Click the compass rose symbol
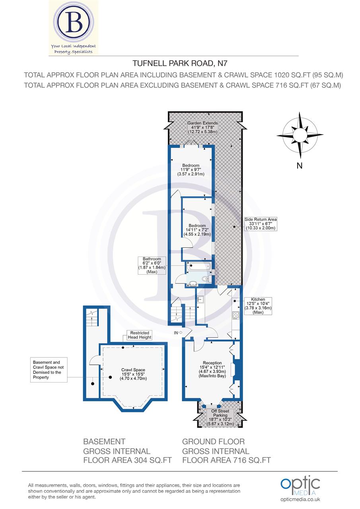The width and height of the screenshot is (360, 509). click(300, 136)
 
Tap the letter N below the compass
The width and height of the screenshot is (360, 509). click(300, 166)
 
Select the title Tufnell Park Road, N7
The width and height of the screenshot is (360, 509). click(180, 63)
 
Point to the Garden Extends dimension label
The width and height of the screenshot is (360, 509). click(202, 127)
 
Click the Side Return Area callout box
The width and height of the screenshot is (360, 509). click(261, 223)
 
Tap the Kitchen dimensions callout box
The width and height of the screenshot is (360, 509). click(258, 306)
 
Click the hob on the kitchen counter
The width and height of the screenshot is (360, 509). click(235, 315)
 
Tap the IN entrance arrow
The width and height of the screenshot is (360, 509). click(177, 332)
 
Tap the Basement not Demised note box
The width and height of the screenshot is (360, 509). click(47, 370)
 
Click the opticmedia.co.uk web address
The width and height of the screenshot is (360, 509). click(300, 499)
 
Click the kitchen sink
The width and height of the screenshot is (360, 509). click(201, 299)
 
